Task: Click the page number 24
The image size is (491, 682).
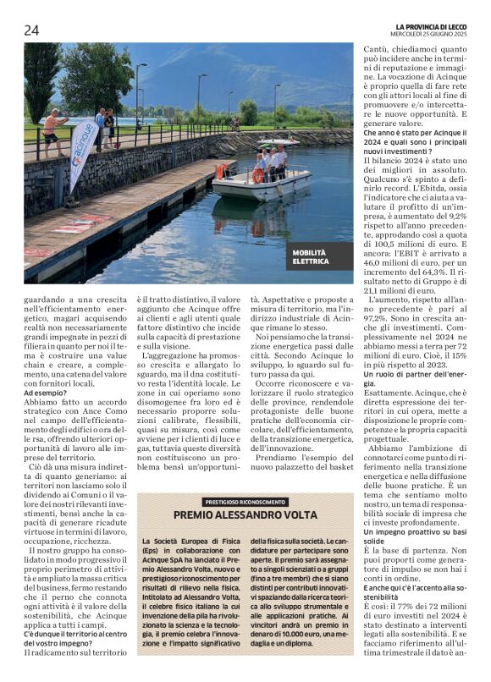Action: coord(31,30)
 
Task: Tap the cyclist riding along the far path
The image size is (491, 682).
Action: coord(234,124)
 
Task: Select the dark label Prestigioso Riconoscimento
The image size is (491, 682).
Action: coord(245,502)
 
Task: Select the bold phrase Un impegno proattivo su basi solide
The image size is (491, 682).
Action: coord(414,536)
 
